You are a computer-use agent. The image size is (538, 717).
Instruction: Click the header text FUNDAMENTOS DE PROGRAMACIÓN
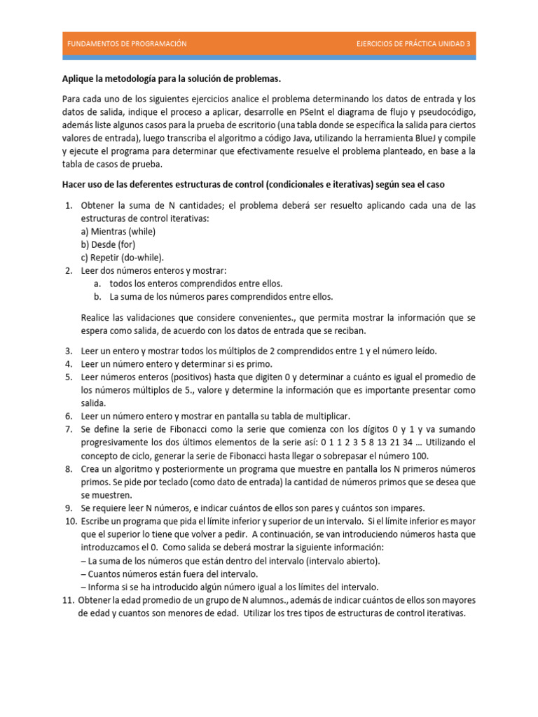click(x=127, y=43)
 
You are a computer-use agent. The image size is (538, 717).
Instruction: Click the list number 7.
click(x=68, y=429)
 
